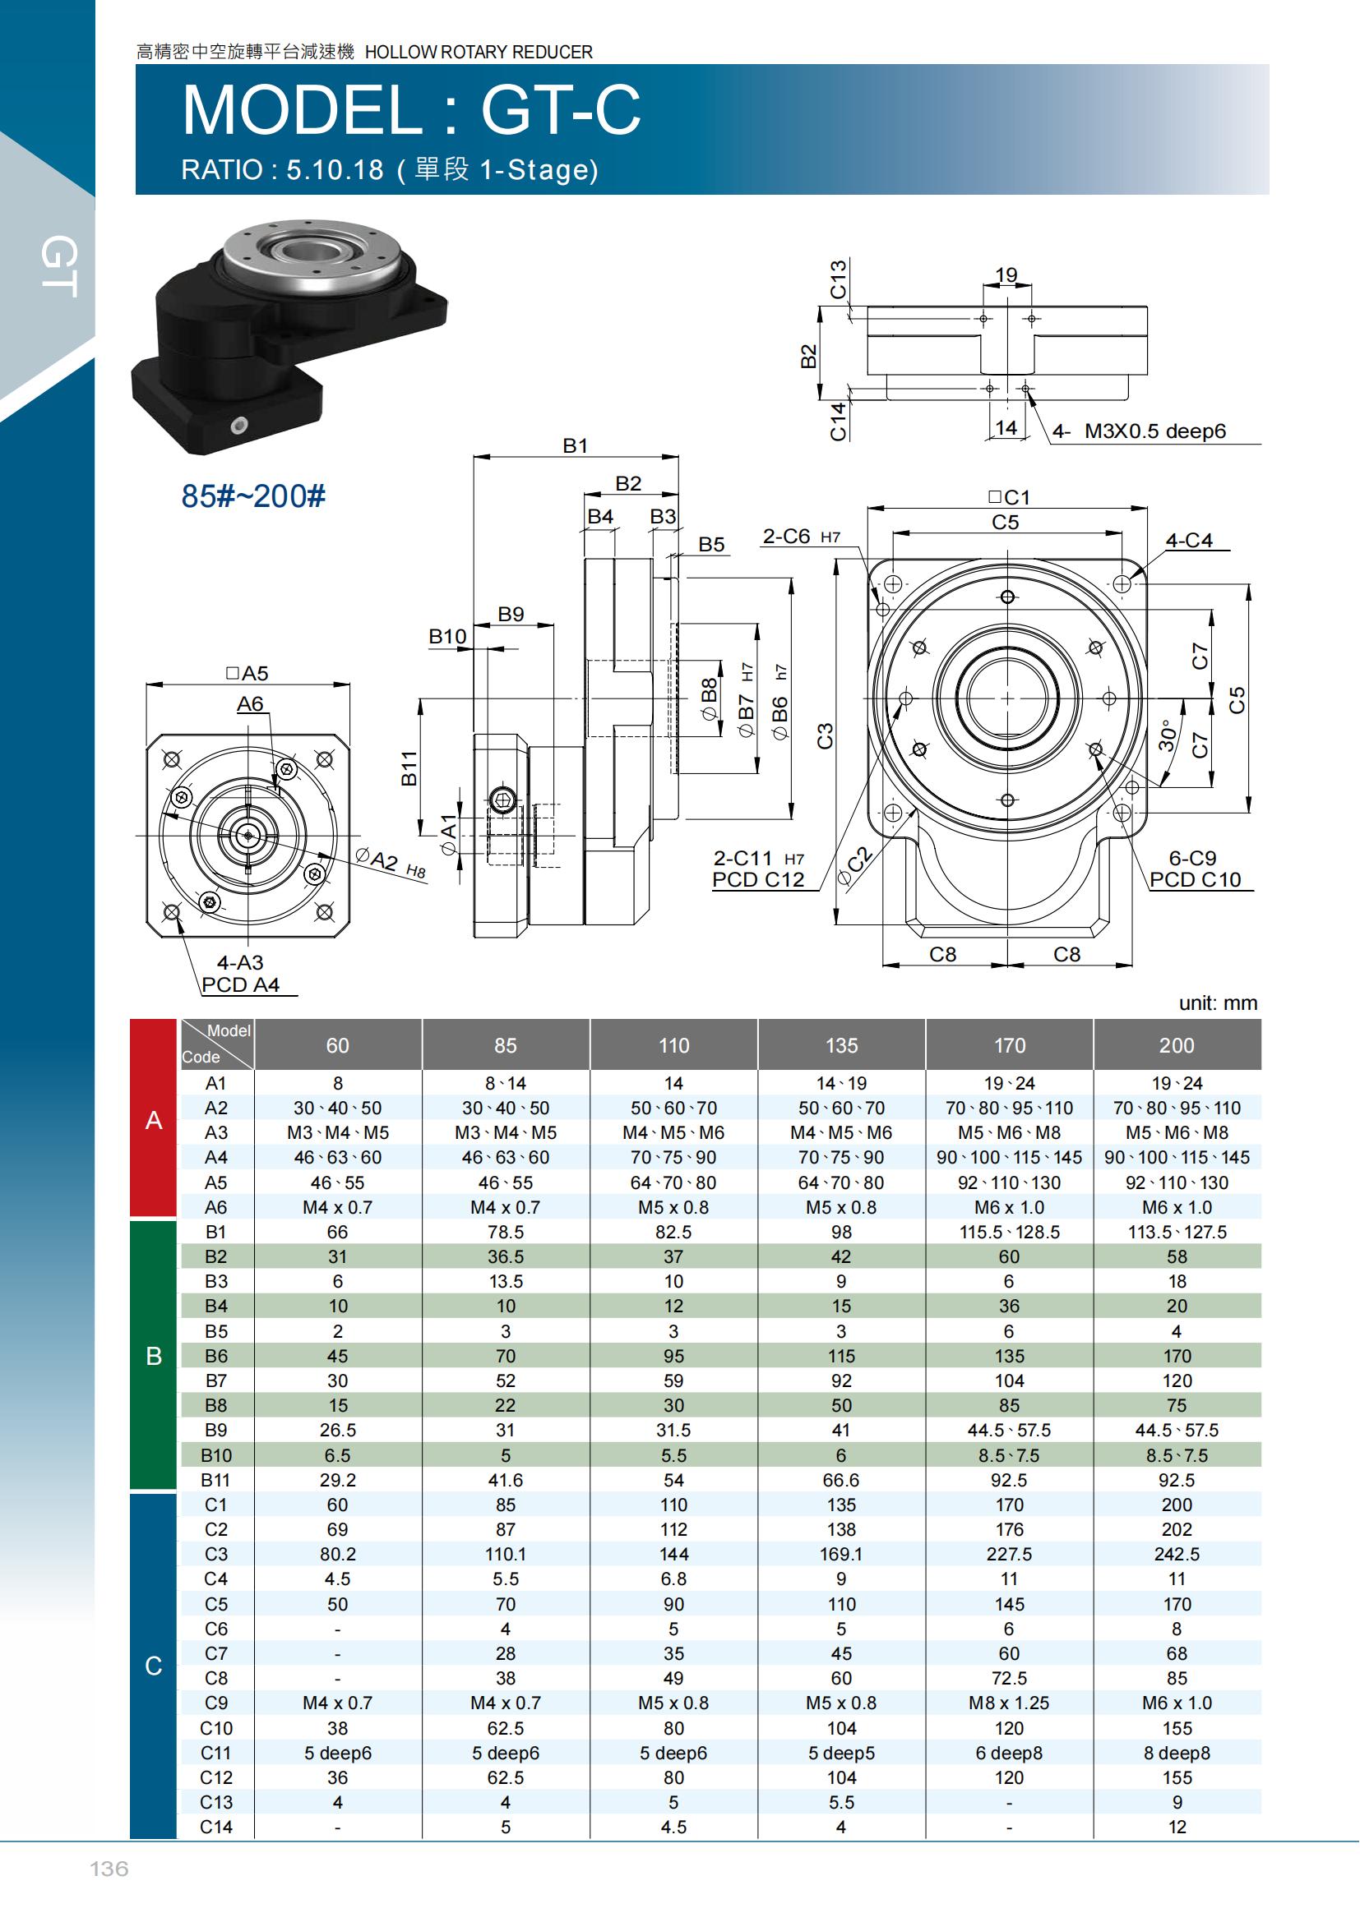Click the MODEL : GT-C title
[411, 109]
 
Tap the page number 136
[109, 1869]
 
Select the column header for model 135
[842, 1044]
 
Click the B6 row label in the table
[216, 1355]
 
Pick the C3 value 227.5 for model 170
[1009, 1554]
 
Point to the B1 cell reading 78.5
[506, 1232]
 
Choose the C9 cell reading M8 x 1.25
[1009, 1703]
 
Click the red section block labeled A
[153, 1119]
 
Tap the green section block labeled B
[153, 1355]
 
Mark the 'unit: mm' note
[1218, 1002]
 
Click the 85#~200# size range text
[253, 495]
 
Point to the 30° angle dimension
[1167, 736]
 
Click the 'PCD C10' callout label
[1195, 880]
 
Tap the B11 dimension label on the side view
[409, 767]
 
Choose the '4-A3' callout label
[240, 963]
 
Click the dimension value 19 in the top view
[1006, 274]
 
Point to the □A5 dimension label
[247, 673]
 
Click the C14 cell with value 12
[1177, 1827]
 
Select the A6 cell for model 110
[673, 1207]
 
